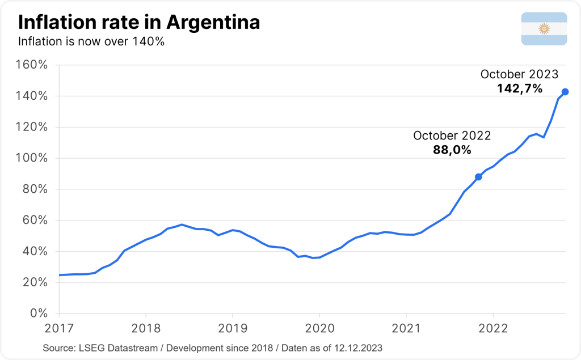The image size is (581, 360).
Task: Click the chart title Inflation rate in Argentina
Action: (x=139, y=23)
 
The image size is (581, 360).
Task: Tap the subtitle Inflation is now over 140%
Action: (x=91, y=41)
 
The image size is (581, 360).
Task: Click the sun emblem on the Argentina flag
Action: (x=544, y=28)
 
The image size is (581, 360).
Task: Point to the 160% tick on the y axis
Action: (x=35, y=65)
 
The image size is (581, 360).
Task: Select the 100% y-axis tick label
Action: (x=35, y=158)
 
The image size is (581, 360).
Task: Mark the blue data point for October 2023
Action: (x=565, y=92)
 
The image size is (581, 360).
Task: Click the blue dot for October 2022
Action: (x=478, y=177)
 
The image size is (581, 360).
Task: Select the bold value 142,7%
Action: (x=520, y=88)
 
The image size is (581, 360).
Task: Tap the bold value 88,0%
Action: (x=452, y=150)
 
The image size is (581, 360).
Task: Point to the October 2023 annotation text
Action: (x=519, y=74)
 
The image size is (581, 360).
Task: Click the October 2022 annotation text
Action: (x=452, y=136)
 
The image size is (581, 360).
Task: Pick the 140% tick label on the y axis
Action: (x=35, y=96)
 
